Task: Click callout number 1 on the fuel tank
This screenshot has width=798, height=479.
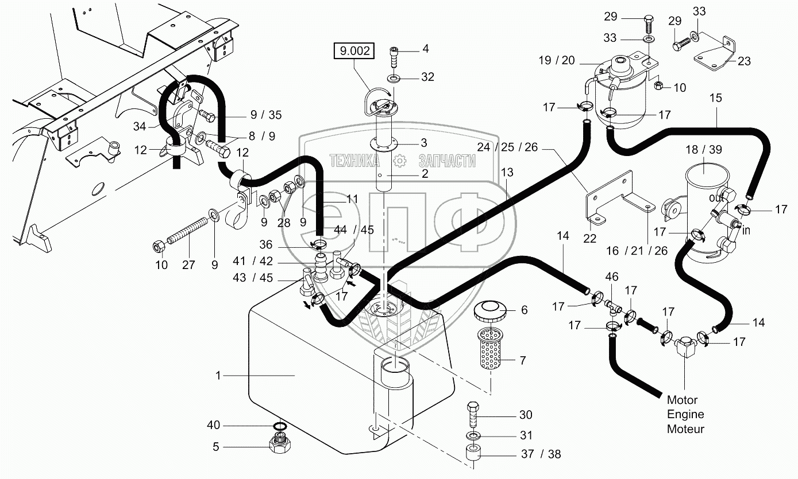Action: pos(218,376)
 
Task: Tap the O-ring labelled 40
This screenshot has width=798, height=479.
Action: pos(279,426)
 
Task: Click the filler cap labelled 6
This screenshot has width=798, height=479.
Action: pos(489,313)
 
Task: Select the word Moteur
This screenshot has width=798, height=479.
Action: pos(685,429)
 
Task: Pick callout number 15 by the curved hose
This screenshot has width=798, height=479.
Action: pos(715,98)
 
